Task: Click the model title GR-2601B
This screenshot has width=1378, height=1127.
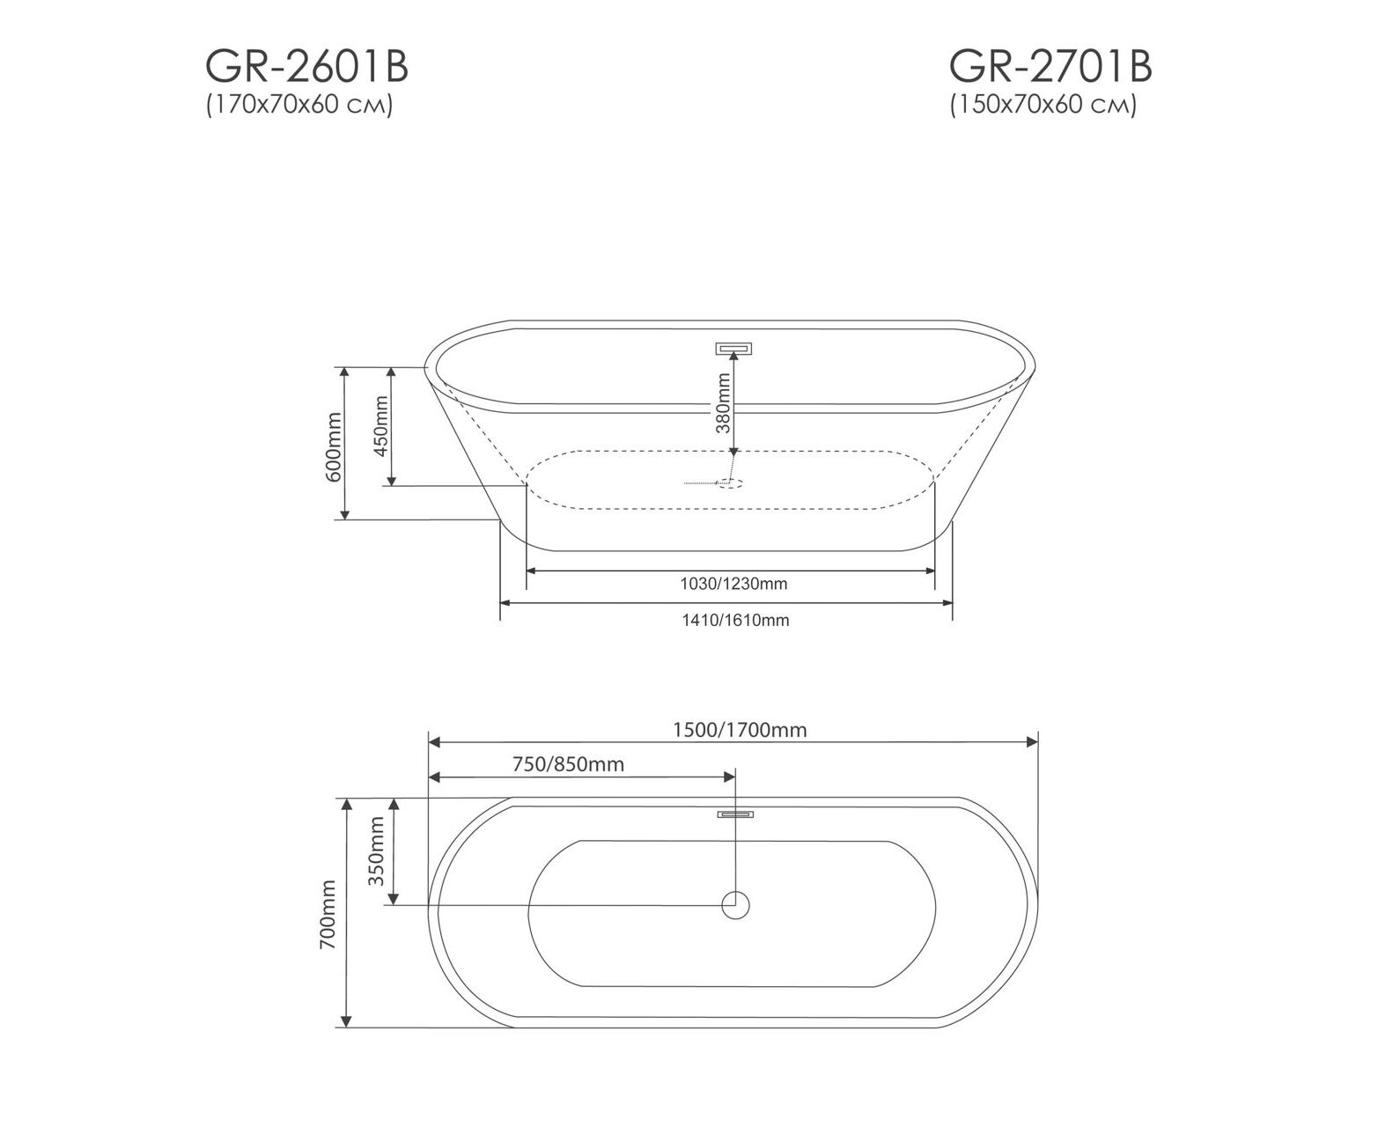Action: pos(307,67)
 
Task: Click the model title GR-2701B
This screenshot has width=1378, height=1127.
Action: pos(1050,67)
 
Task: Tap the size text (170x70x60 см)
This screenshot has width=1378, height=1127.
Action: pos(300,105)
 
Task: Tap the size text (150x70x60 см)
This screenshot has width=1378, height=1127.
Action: pos(1043,105)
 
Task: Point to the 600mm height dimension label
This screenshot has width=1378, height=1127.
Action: pos(333,447)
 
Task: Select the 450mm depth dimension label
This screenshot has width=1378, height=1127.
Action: pos(381,426)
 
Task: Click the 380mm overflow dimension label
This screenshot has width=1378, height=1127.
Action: pos(723,402)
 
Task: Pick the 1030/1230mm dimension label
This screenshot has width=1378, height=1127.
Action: pos(733,584)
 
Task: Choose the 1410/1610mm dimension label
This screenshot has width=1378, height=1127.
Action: pos(736,620)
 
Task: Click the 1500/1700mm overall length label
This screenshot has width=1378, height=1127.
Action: pos(741,730)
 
